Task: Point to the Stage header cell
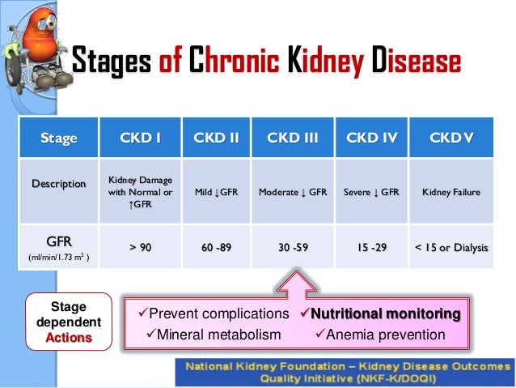(x=59, y=138)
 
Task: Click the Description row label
(x=59, y=184)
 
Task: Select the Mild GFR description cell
(x=216, y=193)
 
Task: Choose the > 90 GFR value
(x=141, y=247)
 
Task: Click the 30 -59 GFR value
(x=292, y=247)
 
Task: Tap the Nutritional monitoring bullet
(x=380, y=313)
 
